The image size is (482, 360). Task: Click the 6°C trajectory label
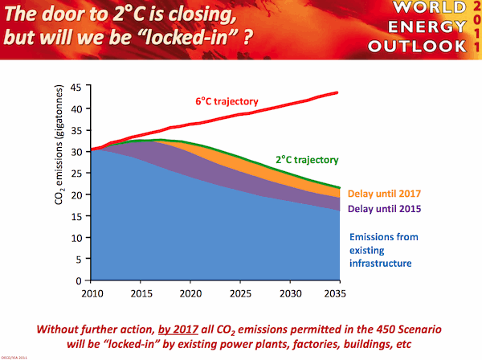click(x=226, y=102)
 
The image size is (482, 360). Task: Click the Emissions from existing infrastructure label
click(x=386, y=249)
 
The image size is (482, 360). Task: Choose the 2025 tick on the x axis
click(x=239, y=293)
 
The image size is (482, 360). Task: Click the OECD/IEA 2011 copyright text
click(x=16, y=355)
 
